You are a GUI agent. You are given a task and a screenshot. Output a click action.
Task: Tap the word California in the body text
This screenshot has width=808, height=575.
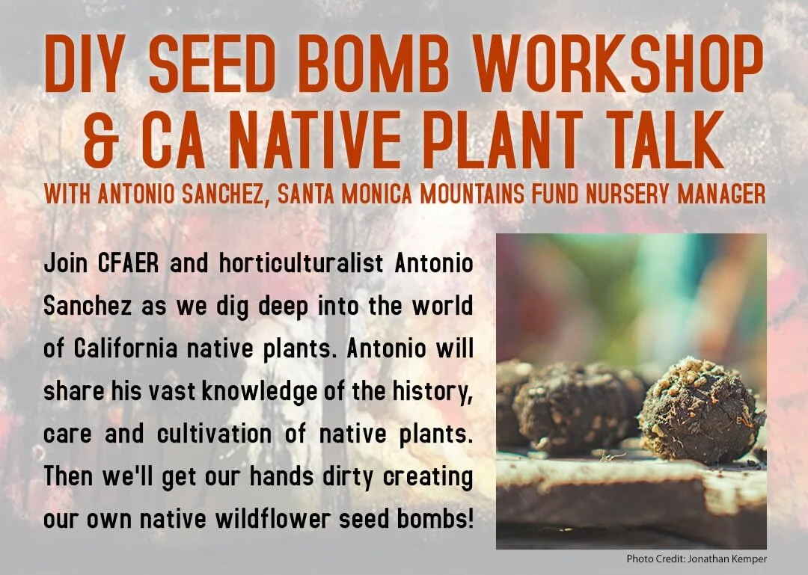126,349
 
